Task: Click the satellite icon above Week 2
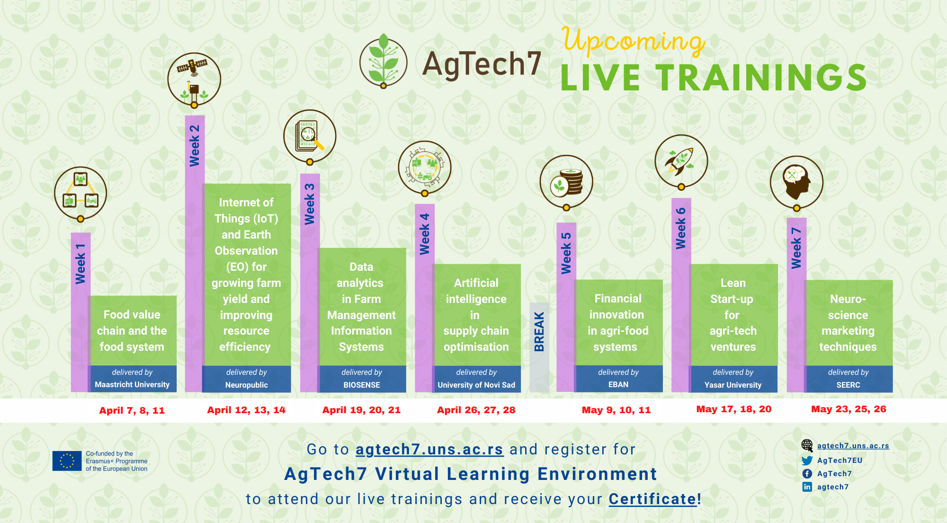(x=194, y=79)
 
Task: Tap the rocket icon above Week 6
(x=681, y=161)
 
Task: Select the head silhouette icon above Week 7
(x=796, y=182)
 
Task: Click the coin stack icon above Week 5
(x=566, y=182)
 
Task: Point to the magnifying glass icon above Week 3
(x=310, y=136)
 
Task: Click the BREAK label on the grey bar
(x=539, y=331)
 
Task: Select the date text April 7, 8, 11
(x=132, y=410)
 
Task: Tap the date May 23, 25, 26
(x=849, y=409)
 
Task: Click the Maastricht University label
(x=132, y=385)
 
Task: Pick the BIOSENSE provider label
(x=362, y=385)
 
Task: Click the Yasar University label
(x=733, y=385)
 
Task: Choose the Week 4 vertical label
(x=425, y=234)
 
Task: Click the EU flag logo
(x=67, y=461)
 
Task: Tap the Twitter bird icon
(x=807, y=461)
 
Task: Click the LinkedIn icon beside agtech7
(x=807, y=487)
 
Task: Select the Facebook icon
(x=807, y=474)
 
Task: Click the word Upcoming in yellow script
(x=634, y=41)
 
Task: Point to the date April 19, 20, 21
(x=361, y=410)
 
